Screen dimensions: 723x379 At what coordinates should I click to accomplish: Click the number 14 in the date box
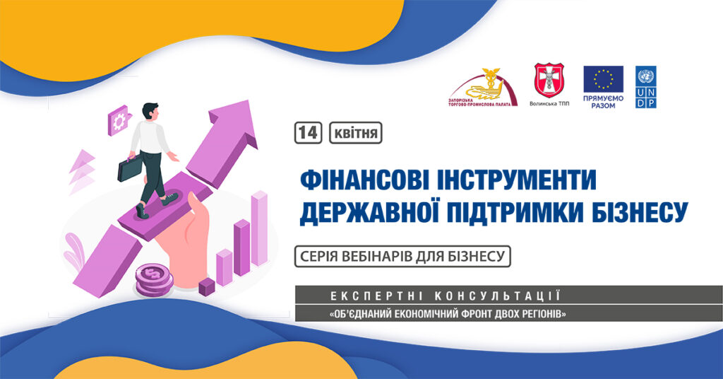pyautogui.click(x=308, y=133)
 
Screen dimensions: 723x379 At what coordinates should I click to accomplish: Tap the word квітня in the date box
pyautogui.click(x=356, y=134)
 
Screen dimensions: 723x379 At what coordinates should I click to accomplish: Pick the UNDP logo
pyautogui.click(x=646, y=88)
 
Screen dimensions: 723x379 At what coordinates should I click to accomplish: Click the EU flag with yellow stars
pyautogui.click(x=603, y=79)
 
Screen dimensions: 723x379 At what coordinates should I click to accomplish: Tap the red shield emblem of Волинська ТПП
pyautogui.click(x=549, y=81)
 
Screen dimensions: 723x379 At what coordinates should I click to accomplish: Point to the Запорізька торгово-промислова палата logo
pyautogui.click(x=483, y=88)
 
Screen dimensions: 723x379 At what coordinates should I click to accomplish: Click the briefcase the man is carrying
pyautogui.click(x=130, y=168)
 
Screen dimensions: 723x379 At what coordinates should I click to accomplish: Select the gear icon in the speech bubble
pyautogui.click(x=119, y=121)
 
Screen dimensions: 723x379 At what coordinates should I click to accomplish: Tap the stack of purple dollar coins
pyautogui.click(x=154, y=280)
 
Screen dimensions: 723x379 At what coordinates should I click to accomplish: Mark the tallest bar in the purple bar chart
pyautogui.click(x=259, y=228)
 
